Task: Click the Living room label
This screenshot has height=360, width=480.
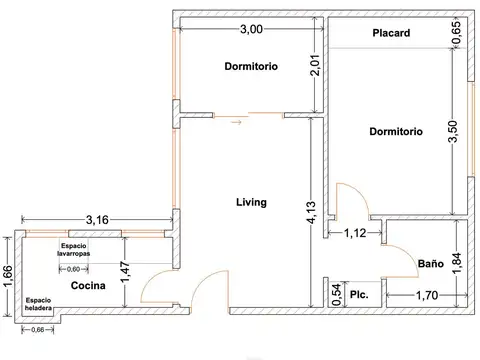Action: (251, 202)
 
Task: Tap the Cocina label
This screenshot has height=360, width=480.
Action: (89, 286)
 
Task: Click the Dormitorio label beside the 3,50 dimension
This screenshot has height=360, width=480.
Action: (395, 131)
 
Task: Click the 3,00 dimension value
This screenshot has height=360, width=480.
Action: (250, 30)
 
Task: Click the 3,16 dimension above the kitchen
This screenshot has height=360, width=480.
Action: (97, 219)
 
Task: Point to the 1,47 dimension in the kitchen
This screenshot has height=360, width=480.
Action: (125, 271)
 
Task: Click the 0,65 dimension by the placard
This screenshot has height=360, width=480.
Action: (457, 33)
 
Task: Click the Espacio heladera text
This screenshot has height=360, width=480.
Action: (38, 303)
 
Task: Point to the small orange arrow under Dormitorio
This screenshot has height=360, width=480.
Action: (236, 125)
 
